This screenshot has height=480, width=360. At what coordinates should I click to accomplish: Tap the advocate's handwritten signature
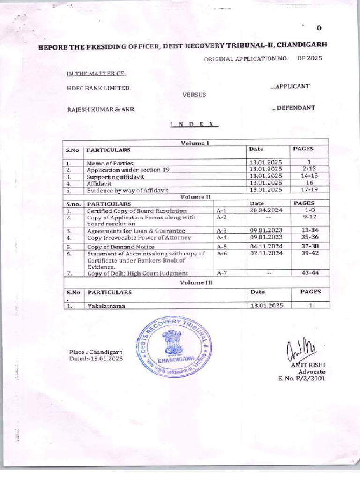point(295,349)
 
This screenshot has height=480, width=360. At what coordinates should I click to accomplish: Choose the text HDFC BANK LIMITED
point(98,88)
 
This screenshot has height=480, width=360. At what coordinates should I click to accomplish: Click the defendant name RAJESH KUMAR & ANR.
point(101,109)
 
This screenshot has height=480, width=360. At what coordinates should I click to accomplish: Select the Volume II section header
point(195,197)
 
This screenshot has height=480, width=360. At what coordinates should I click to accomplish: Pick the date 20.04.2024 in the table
point(266,210)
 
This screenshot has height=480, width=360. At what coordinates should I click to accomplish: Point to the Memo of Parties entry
point(110,163)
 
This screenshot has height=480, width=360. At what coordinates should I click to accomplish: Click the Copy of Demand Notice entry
point(121,246)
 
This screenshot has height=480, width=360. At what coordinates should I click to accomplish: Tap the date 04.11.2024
point(266,246)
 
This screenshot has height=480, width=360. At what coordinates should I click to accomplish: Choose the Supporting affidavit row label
point(116,177)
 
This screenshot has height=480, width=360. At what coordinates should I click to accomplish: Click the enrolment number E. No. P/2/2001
point(301,379)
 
